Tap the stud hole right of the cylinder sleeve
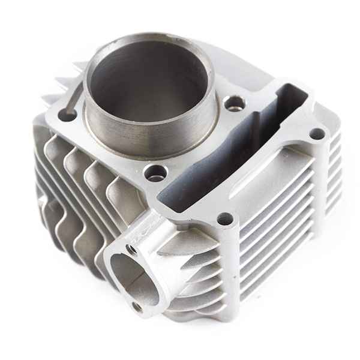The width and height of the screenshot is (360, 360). pos(235,103)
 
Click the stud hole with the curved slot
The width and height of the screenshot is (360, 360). pos(67,115)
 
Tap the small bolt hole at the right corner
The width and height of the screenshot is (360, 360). pos(316,133)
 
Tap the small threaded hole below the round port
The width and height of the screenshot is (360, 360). pos(139,307)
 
